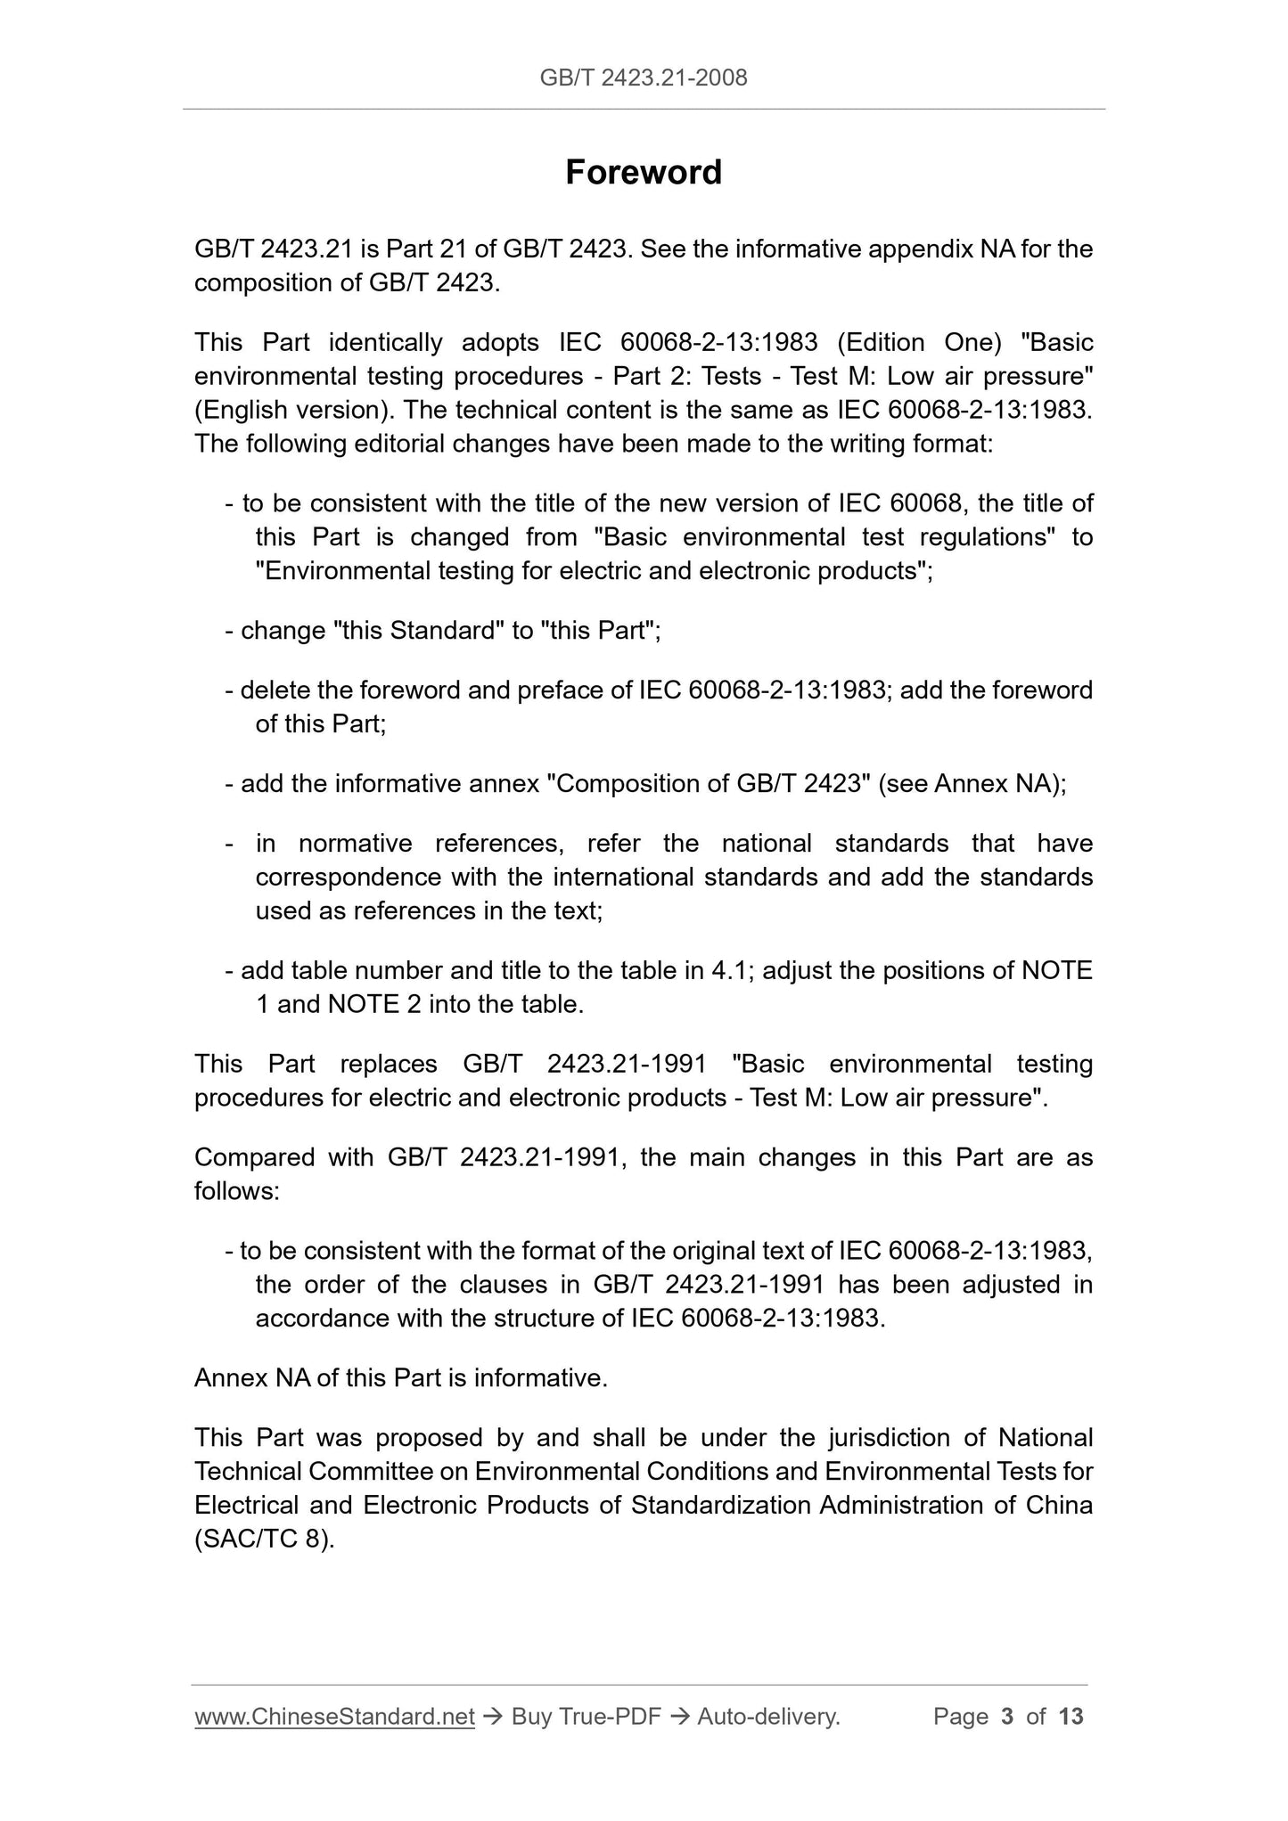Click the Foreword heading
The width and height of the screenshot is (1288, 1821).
[x=644, y=172]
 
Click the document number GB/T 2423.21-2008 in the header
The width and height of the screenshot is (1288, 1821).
[x=644, y=78]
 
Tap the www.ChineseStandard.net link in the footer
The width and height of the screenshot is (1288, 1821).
[x=334, y=1716]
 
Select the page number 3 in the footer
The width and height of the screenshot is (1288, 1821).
[x=1007, y=1716]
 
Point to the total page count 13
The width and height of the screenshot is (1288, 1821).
[x=1071, y=1716]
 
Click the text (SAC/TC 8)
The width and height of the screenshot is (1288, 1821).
[x=265, y=1539]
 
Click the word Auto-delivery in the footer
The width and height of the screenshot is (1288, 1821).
[x=768, y=1716]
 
